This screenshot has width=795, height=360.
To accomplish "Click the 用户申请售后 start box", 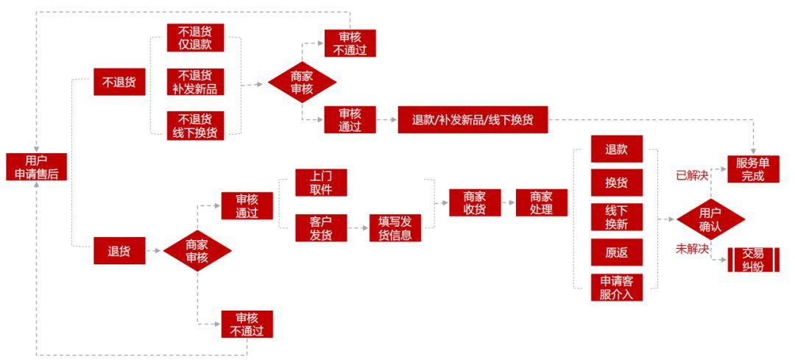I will tap(37, 167).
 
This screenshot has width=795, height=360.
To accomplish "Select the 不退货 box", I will tap(119, 82).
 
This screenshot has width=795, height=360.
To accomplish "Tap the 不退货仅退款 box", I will tap(195, 38).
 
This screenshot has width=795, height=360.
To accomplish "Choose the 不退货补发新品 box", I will tap(195, 82).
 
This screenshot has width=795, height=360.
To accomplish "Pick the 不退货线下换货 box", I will tap(195, 125).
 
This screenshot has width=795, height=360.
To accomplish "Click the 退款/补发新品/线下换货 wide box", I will tap(473, 120).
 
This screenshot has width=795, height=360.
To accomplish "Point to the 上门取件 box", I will tap(321, 183).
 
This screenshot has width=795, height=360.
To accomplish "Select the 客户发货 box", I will tap(321, 227).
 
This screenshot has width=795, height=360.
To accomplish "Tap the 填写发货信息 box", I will tap(395, 228).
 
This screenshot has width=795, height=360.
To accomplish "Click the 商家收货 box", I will tap(475, 202).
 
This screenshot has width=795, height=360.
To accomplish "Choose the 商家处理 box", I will tap(542, 202).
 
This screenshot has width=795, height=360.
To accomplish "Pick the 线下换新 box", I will tap(617, 217).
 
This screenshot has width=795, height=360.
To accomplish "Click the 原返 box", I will tap(617, 252).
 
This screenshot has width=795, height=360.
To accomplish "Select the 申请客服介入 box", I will tap(617, 287).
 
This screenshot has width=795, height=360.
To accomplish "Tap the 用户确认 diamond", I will tap(710, 219).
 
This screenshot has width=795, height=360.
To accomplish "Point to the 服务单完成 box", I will tap(753, 169).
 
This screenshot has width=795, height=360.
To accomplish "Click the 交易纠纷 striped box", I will tap(753, 259).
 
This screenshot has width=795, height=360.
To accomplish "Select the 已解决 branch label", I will tap(692, 175).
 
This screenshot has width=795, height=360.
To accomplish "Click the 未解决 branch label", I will tap(692, 249).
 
